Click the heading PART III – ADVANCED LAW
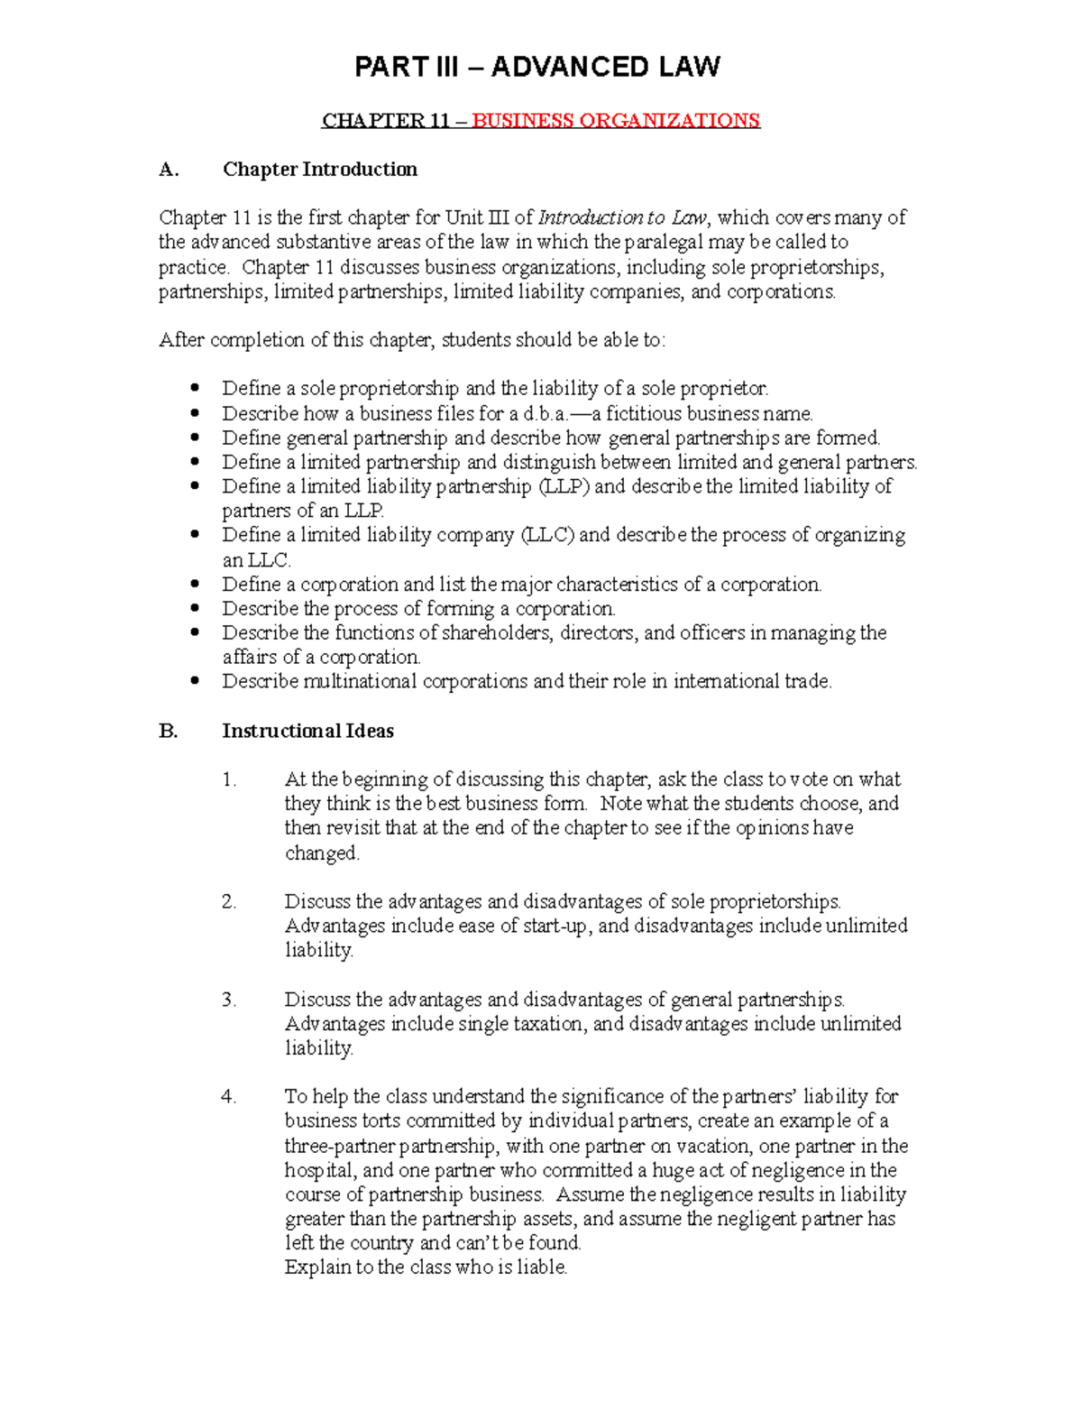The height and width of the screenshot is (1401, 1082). coord(537,67)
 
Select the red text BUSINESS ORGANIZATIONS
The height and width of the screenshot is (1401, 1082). coord(616,121)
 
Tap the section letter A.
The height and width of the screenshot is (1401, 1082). coord(169,170)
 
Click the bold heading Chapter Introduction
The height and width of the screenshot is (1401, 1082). coord(319,170)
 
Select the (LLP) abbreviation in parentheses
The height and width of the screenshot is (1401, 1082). coord(564,486)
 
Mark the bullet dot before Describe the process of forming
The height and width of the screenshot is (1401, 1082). coord(195,608)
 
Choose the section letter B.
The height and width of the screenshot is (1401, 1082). coord(168,731)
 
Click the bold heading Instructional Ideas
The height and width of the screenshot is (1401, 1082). coord(307,731)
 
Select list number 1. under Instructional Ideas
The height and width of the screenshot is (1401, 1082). coord(229,779)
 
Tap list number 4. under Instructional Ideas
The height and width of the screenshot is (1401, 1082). coord(229,1097)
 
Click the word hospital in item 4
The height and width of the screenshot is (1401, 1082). coord(320,1170)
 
